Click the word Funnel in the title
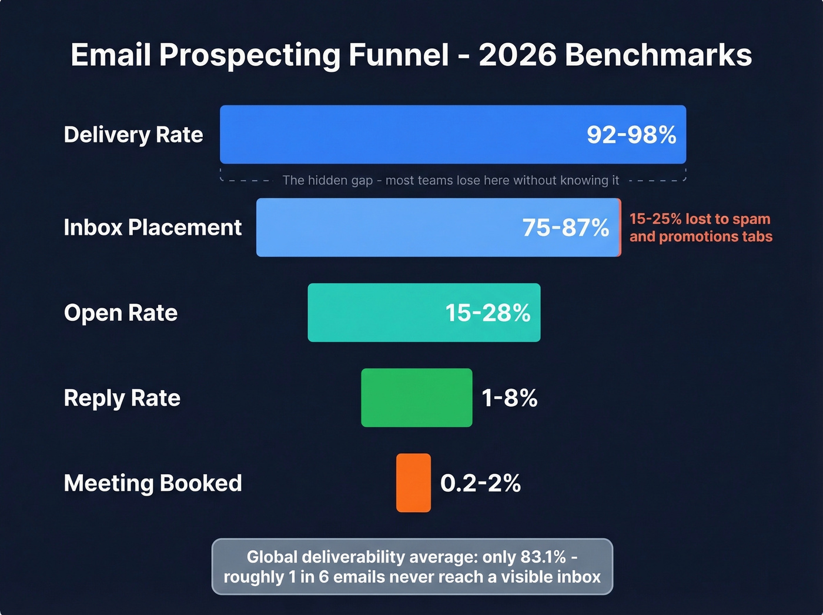click(399, 55)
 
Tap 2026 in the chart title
click(517, 55)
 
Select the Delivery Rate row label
click(133, 135)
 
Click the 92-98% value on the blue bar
click(631, 135)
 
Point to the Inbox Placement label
click(152, 228)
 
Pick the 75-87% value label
click(566, 228)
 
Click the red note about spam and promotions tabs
click(700, 228)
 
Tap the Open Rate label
click(121, 313)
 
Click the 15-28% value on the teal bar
click(488, 313)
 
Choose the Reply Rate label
click(122, 398)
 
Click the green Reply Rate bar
click(416, 398)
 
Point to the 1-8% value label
click(510, 398)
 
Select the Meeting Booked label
click(153, 483)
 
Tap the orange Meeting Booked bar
click(413, 483)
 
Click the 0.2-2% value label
click(480, 483)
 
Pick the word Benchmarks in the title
click(658, 55)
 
